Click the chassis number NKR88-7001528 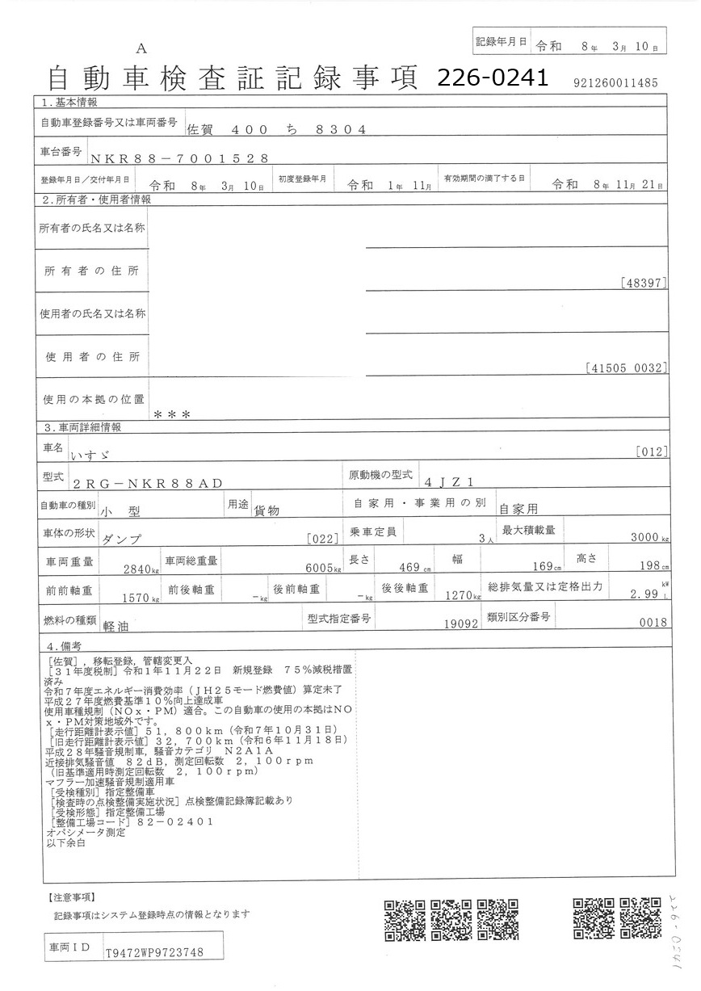coord(178,159)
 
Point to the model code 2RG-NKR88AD coord(147,483)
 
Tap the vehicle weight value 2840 coord(138,569)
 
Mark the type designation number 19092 coord(462,624)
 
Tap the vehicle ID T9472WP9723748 coord(153,953)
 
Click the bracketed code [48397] coord(644,283)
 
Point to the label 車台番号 coord(61,152)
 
